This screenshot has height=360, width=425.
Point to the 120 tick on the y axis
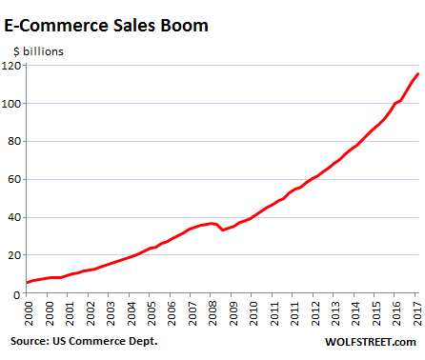pyautogui.click(x=12, y=65)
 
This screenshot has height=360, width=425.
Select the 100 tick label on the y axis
pyautogui.click(x=12, y=103)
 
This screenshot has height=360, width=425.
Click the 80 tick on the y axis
pyautogui.click(x=15, y=141)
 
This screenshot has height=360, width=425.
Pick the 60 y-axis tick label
pyautogui.click(x=15, y=179)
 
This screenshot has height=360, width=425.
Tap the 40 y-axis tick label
pyautogui.click(x=15, y=217)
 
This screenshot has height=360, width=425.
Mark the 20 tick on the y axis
pyautogui.click(x=15, y=255)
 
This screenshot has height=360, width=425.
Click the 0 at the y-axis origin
pyautogui.click(x=18, y=293)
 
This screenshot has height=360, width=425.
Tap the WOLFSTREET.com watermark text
pyautogui.click(x=367, y=341)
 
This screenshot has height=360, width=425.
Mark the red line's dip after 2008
pyautogui.click(x=223, y=230)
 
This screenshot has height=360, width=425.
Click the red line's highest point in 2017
pyautogui.click(x=417, y=74)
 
